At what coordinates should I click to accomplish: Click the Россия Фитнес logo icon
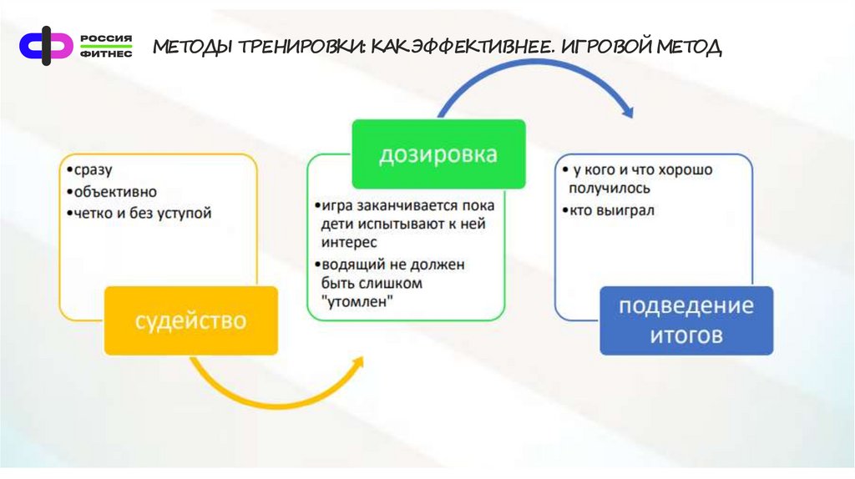(x=47, y=43)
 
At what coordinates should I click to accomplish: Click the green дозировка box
(x=438, y=154)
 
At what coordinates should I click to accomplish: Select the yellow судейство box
(x=191, y=320)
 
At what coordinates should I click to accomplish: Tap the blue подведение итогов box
(x=686, y=320)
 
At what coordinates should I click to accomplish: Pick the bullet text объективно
(x=114, y=192)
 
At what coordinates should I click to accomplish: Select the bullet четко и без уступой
(x=142, y=214)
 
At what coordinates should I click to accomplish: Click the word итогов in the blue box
(x=686, y=336)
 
